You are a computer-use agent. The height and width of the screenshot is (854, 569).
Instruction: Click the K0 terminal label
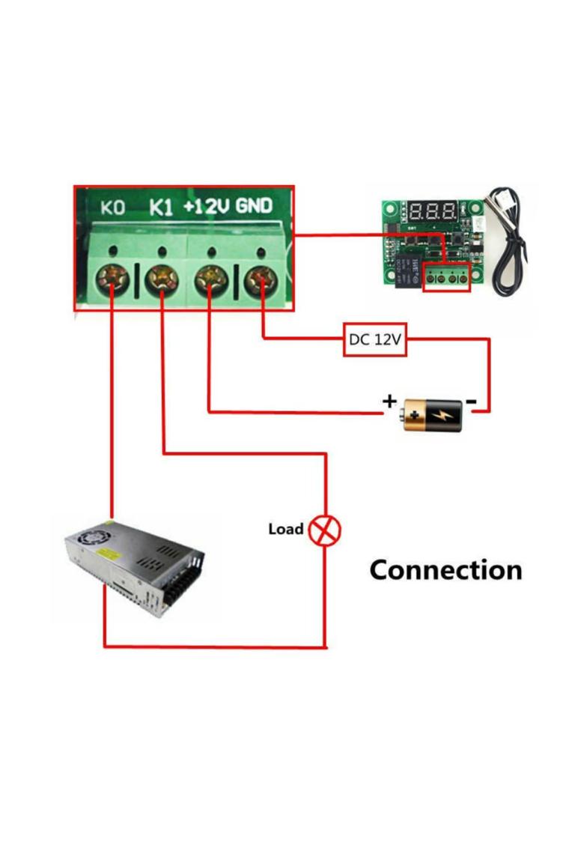tap(113, 208)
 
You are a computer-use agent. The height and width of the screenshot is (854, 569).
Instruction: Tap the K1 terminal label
tap(161, 207)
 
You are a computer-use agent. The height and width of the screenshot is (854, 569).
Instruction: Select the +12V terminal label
tap(207, 206)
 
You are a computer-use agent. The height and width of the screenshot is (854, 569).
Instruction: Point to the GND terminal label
tap(255, 205)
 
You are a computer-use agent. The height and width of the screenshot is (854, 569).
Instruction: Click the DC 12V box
tap(375, 339)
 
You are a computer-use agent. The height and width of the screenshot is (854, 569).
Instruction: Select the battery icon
tap(433, 414)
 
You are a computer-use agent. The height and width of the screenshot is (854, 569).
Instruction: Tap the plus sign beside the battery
tap(389, 401)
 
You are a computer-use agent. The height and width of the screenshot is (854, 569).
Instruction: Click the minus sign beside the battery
tap(472, 402)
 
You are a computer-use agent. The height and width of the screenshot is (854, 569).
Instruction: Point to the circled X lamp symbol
tap(325, 530)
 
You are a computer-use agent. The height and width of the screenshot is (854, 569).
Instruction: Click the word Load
tap(285, 529)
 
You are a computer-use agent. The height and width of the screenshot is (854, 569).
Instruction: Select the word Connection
tap(445, 570)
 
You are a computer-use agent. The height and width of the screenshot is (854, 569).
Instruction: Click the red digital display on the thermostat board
tap(433, 210)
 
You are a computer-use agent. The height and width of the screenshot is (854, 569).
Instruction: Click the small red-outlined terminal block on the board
tap(446, 278)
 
